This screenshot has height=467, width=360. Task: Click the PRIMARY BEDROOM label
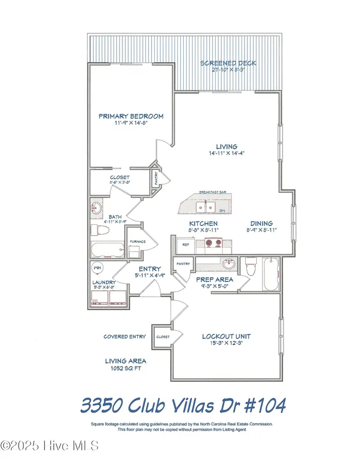tap(131, 116)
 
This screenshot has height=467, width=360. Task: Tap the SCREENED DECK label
tap(228, 63)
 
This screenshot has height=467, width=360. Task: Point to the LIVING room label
tap(226, 147)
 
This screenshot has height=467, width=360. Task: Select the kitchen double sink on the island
tap(205, 207)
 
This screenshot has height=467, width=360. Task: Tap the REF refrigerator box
tap(186, 245)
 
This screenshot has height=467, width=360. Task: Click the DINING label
tap(261, 224)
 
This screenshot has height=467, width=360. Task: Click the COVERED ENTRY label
tap(124, 337)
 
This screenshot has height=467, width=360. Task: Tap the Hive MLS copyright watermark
tap(50, 446)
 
